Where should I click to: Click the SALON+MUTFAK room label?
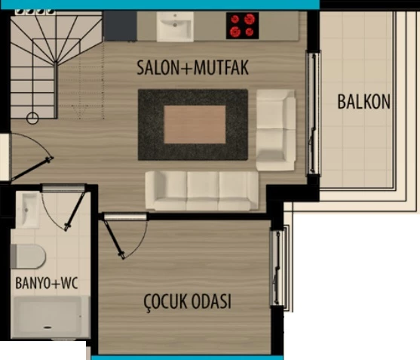click(192, 68)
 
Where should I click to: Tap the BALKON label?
click(364, 101)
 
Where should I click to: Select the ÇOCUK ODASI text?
click(187, 303)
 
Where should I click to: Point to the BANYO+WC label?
click(48, 284)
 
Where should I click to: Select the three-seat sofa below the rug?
click(202, 191)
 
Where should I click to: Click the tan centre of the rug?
click(195, 124)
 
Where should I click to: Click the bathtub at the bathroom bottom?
click(51, 316)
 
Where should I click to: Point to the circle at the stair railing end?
click(32, 118)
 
